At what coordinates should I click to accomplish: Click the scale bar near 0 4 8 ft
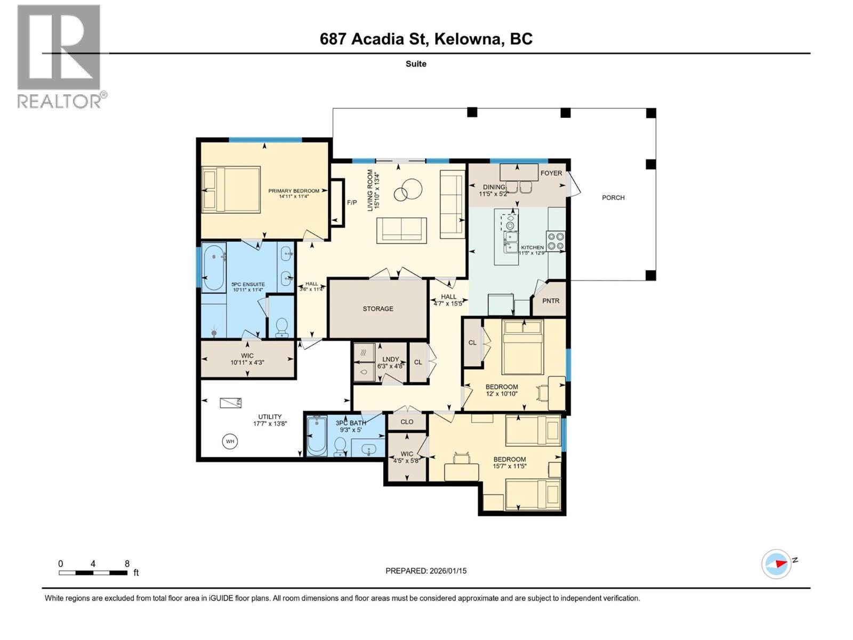click(93, 573)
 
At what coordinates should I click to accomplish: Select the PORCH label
click(613, 198)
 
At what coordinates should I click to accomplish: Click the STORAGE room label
click(378, 309)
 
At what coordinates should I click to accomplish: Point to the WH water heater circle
click(230, 442)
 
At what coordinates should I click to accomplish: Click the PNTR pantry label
click(551, 301)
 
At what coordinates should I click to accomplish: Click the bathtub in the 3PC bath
click(317, 436)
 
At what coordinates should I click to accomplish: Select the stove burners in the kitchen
click(556, 241)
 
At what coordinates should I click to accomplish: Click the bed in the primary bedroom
click(231, 190)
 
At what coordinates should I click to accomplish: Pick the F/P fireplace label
click(352, 203)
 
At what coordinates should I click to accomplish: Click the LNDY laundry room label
click(391, 359)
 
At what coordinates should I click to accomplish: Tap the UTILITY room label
click(270, 417)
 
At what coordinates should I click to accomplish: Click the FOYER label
click(551, 173)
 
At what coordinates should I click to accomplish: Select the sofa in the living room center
click(401, 230)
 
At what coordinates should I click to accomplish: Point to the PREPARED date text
click(426, 571)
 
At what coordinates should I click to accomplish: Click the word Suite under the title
click(416, 64)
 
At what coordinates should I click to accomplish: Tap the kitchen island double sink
click(511, 242)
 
